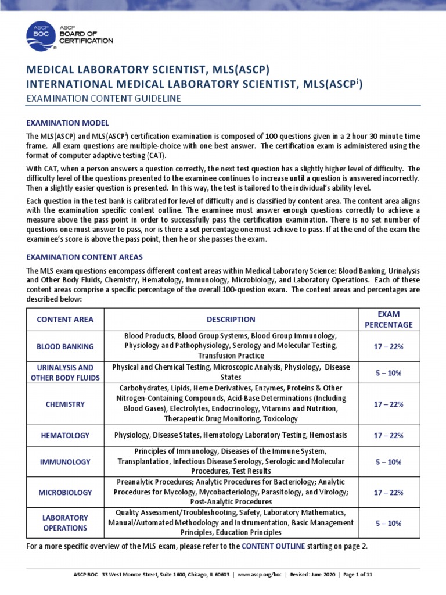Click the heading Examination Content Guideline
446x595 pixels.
click(x=104, y=99)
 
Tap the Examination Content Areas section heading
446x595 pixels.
click(x=85, y=256)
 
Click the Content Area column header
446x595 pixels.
click(x=65, y=319)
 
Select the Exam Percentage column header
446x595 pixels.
click(x=389, y=319)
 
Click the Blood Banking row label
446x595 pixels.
click(x=65, y=346)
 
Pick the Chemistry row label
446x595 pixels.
click(x=65, y=404)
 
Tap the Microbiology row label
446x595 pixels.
click(x=65, y=492)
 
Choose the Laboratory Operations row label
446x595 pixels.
click(x=65, y=522)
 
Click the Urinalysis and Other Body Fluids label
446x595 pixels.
click(x=65, y=372)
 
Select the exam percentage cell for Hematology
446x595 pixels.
click(x=389, y=435)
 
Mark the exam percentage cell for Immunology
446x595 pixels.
click(x=389, y=462)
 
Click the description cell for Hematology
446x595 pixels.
click(x=231, y=435)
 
